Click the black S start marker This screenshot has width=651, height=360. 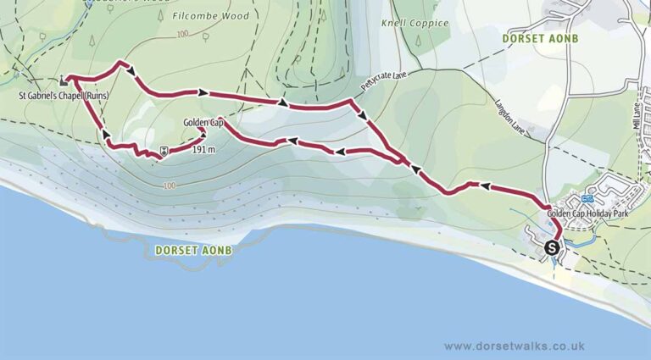tap(553, 248)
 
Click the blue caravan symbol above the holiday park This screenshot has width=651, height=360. tap(587, 199)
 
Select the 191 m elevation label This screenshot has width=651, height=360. tap(204, 150)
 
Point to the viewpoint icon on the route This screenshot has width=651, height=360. tap(162, 152)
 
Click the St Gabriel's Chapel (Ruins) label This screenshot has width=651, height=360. tap(58, 96)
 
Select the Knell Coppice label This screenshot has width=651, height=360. tap(415, 24)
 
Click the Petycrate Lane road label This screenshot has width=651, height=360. tap(384, 82)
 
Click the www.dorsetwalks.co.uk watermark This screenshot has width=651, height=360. tap(514, 346)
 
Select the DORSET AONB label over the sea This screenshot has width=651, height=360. tap(194, 251)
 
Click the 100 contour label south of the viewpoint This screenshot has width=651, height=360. tap(169, 186)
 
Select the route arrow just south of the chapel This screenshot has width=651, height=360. tap(106, 133)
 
